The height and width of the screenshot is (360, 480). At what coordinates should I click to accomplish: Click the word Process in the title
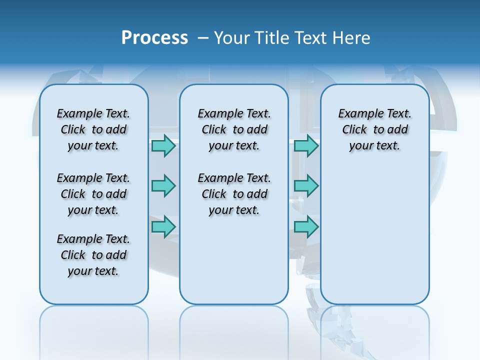click(x=154, y=38)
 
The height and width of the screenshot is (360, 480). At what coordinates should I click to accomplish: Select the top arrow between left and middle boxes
click(x=163, y=146)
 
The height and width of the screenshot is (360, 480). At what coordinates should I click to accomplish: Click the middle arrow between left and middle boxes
click(x=163, y=186)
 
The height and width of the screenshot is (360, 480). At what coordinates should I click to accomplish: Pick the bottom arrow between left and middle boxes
click(x=163, y=227)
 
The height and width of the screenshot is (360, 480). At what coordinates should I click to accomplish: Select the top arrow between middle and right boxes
click(x=306, y=146)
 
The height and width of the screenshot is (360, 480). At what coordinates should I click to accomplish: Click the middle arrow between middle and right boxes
click(x=306, y=186)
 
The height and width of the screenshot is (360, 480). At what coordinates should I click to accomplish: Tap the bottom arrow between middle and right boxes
click(x=306, y=227)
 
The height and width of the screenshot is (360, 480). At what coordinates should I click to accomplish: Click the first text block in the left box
click(x=93, y=129)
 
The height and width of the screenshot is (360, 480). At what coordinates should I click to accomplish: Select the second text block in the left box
click(x=93, y=194)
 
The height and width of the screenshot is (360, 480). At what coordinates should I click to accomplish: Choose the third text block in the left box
click(x=93, y=255)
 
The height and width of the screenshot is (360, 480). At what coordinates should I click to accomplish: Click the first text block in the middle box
click(x=234, y=129)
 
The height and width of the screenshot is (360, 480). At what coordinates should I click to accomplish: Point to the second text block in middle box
click(x=234, y=194)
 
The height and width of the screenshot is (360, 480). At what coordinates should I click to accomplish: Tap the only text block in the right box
click(x=374, y=129)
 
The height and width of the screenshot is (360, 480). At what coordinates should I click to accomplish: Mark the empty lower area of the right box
click(x=374, y=235)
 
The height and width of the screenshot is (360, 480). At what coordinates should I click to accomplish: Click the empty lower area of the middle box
click(x=234, y=260)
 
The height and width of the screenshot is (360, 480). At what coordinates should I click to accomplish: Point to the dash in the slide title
click(x=203, y=38)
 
